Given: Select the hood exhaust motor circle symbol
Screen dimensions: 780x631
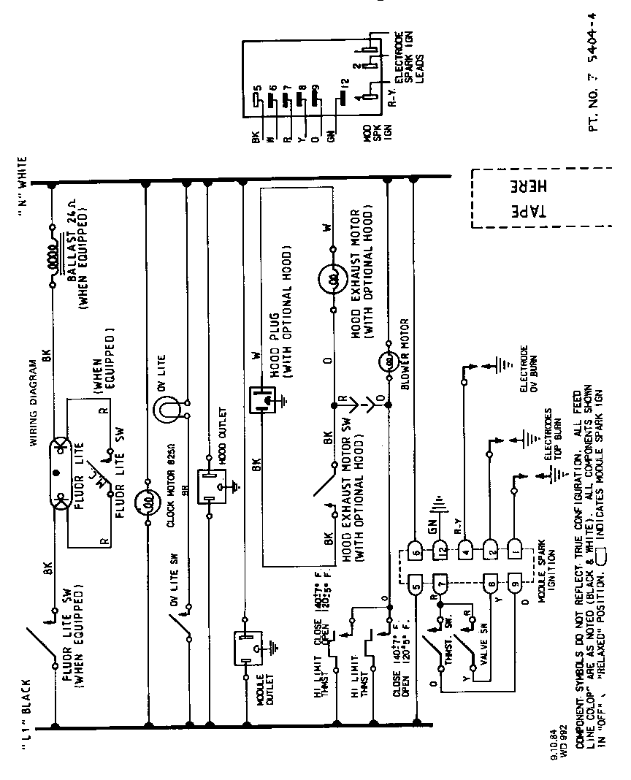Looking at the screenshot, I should (x=331, y=280).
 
